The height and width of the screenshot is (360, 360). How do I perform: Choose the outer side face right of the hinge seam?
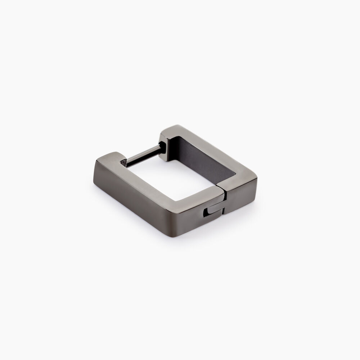pyautogui.click(x=241, y=202)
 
